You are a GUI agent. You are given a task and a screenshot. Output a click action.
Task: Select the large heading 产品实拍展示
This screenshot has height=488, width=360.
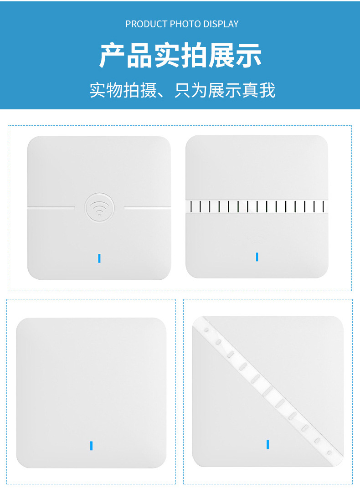point(180,56)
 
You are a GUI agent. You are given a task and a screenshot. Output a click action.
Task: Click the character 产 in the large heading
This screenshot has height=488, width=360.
point(112,56)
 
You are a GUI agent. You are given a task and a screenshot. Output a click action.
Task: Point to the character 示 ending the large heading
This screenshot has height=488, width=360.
point(248,56)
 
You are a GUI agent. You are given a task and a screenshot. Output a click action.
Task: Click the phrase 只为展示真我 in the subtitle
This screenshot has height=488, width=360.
point(225,90)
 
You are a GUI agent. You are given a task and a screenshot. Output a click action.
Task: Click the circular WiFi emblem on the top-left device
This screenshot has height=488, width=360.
point(99,207)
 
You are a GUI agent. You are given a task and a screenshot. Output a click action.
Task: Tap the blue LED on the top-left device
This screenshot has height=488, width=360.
point(99,258)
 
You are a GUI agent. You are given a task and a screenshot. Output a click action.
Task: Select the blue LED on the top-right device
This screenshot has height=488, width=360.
point(257,257)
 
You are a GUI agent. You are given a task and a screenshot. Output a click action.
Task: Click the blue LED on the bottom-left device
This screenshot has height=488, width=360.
point(91,445)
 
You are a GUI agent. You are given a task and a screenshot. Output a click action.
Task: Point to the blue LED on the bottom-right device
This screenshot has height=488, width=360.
point(267,444)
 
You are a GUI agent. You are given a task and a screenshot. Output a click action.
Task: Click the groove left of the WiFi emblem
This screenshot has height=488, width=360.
point(51,207)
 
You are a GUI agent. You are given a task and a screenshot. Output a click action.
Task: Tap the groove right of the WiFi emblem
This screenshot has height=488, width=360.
point(148,207)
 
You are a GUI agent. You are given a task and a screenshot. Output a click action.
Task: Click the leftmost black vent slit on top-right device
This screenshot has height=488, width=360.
point(191,206)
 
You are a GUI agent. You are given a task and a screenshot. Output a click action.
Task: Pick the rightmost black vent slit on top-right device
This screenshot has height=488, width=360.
point(324,206)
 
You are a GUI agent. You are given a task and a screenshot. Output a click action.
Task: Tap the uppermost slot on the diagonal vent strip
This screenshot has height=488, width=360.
point(206,330)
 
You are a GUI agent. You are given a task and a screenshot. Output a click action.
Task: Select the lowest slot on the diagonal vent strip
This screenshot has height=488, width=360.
point(329,452)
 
